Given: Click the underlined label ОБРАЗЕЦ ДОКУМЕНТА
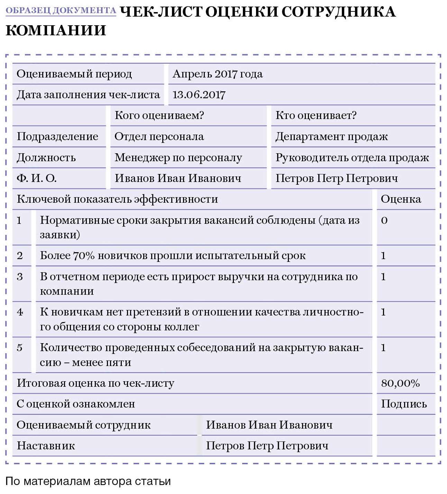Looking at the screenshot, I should [61, 10].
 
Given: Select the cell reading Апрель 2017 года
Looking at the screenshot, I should [217, 74].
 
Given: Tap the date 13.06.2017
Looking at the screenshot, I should [199, 95].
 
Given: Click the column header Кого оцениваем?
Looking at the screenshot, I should [159, 116].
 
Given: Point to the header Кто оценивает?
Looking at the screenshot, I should [316, 116].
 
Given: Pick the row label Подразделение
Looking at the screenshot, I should [57, 137].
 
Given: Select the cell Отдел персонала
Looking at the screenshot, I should [159, 137].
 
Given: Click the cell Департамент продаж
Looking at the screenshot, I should [331, 137].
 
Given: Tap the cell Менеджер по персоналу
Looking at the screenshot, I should [178, 158].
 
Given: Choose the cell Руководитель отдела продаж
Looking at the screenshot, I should [352, 158].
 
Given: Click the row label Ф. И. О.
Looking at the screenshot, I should [36, 179].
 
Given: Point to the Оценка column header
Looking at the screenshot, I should [401, 199].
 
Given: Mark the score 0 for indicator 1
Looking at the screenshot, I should [384, 220].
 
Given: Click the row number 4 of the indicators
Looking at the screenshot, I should [20, 312].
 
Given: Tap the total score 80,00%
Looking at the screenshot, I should [400, 383].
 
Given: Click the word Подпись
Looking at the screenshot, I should [404, 404].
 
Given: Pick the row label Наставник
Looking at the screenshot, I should [46, 446].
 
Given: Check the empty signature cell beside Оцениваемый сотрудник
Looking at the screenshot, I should [405, 425].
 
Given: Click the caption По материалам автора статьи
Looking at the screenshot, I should [88, 481].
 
